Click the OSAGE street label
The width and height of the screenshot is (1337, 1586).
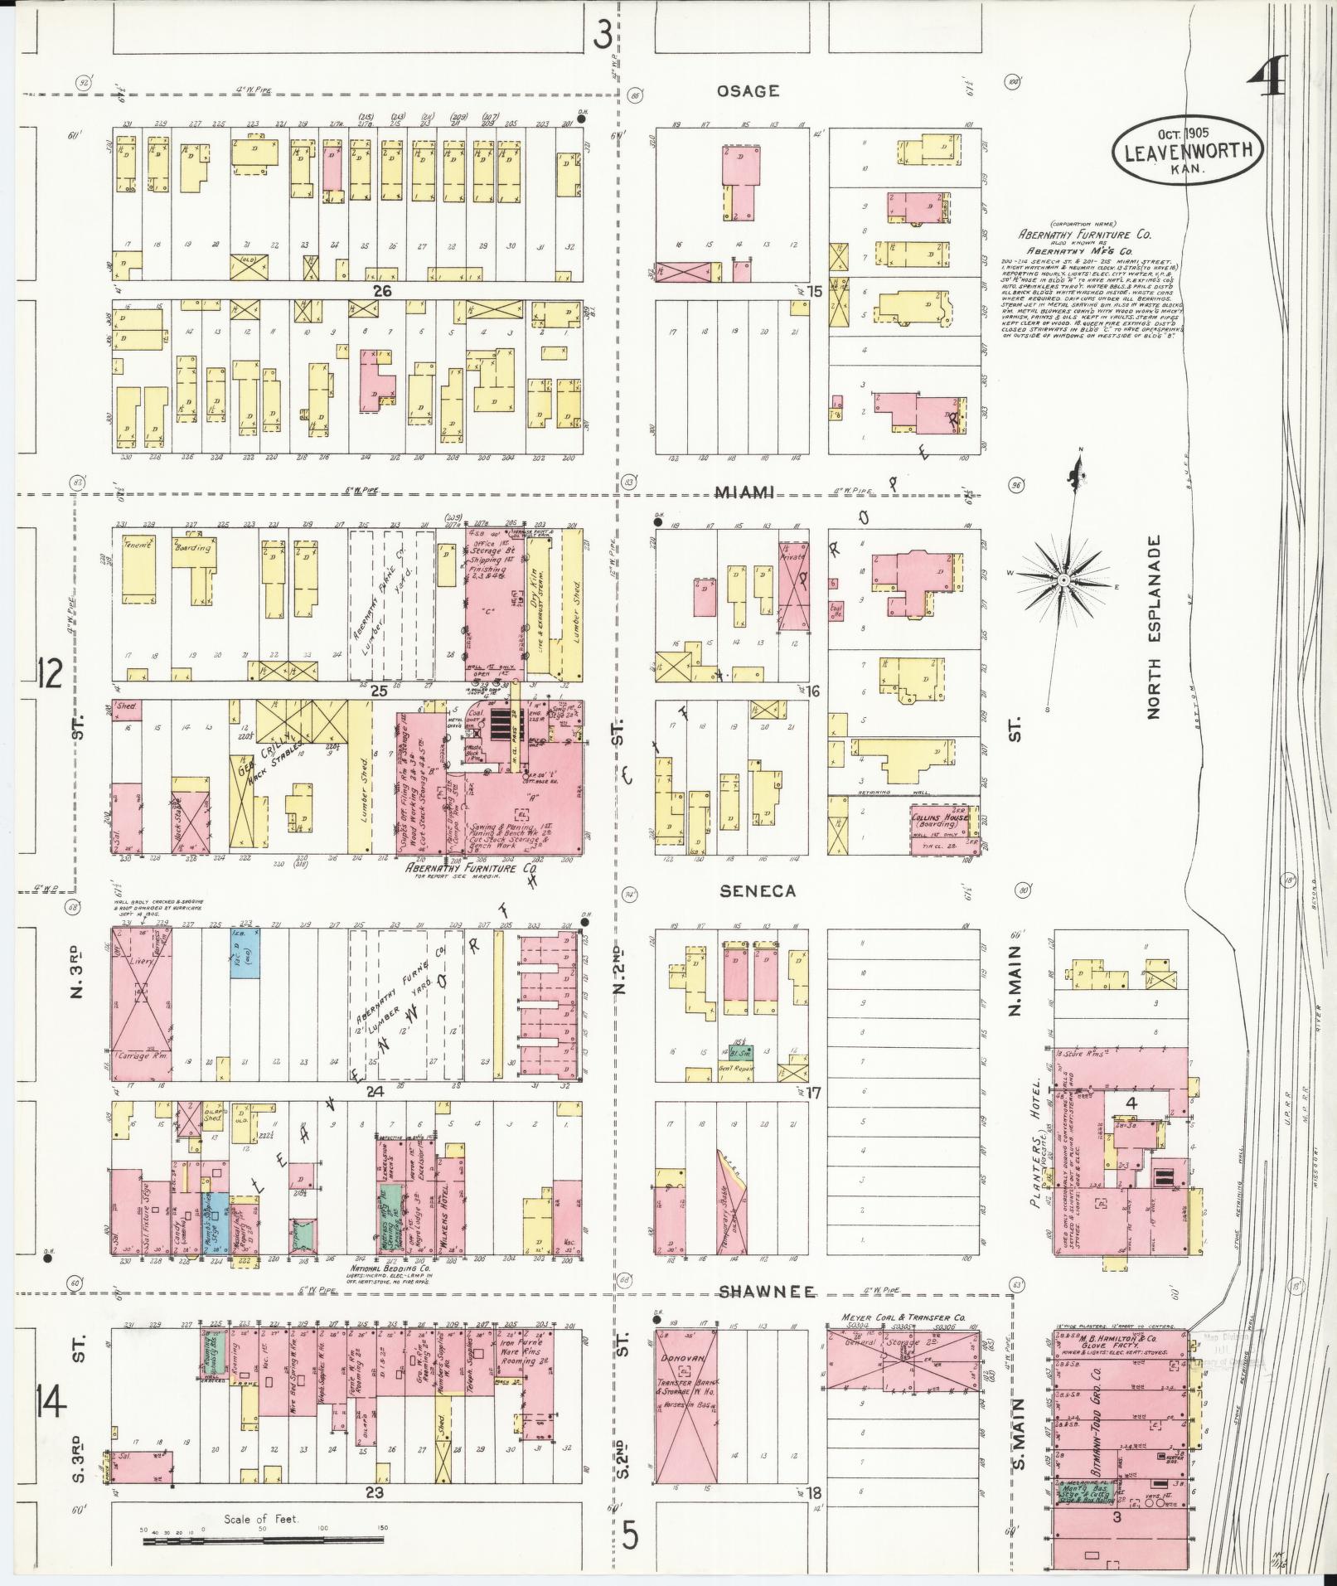click(748, 91)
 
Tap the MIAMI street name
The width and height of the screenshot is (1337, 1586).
click(745, 492)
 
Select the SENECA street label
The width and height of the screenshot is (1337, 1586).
click(757, 890)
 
